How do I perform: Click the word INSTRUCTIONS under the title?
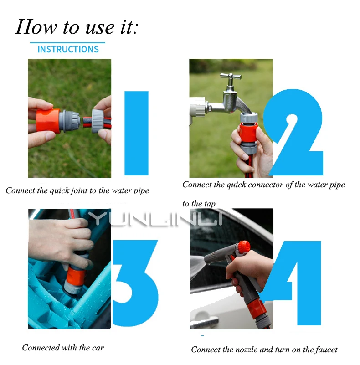point(68,49)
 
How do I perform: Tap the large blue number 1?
point(136,133)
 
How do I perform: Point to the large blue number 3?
point(135,283)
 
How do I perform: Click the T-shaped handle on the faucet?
point(231,77)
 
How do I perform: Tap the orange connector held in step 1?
point(48,121)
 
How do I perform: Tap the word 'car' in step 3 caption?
point(98,348)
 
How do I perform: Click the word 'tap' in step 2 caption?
point(210,204)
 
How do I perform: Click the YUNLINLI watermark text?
point(155,218)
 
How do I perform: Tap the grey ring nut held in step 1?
point(98,121)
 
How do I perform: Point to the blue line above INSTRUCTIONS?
point(67,43)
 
